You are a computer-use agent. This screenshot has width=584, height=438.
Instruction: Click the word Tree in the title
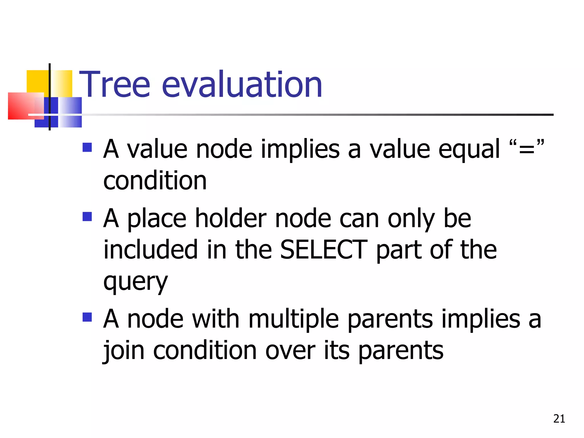point(114,85)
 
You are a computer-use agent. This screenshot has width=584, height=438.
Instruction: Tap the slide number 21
point(559,419)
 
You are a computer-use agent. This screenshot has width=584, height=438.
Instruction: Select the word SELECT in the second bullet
point(324,250)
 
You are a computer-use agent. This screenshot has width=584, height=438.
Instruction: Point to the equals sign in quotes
point(526,149)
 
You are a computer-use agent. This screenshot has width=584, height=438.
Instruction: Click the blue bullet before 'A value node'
point(87,147)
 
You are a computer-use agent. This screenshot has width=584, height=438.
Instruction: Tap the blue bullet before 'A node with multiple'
point(87,317)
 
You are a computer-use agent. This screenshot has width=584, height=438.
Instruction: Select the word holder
point(231,218)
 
